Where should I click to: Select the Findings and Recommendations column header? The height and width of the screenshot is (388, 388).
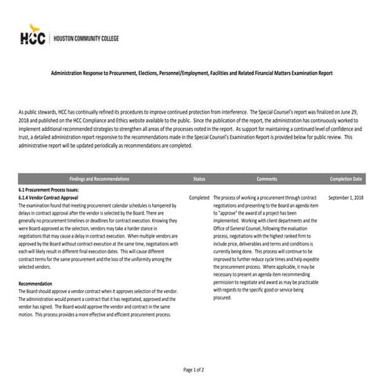99,179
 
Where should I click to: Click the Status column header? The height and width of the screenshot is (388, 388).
198,179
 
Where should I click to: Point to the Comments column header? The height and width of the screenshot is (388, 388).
267,179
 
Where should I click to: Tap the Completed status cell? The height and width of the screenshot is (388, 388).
198,198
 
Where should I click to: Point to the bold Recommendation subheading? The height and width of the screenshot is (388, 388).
35,283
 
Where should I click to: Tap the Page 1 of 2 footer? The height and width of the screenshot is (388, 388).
194,368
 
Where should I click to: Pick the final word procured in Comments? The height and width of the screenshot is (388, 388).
223,298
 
